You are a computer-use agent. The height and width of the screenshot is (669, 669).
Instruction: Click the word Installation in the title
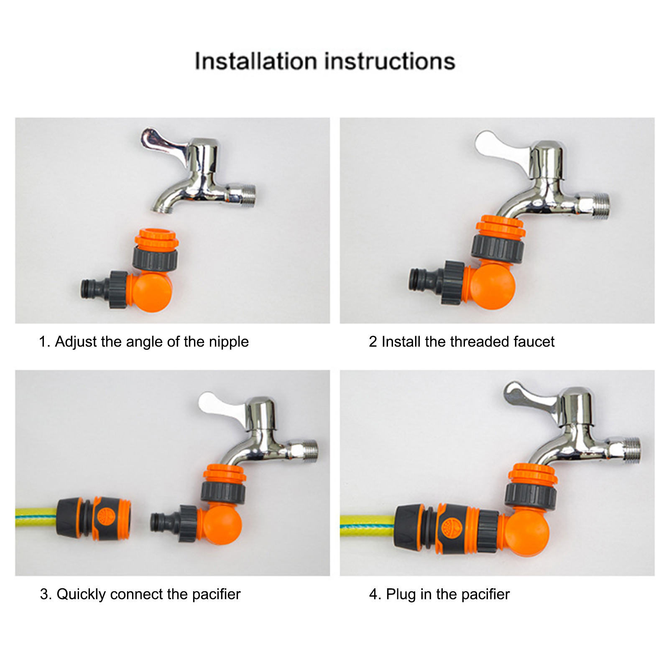(x=256, y=61)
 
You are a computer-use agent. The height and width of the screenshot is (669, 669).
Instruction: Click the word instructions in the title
(x=390, y=61)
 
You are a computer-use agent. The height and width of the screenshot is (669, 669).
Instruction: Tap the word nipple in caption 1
(x=229, y=342)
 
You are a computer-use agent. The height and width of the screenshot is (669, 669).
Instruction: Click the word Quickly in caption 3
(x=82, y=595)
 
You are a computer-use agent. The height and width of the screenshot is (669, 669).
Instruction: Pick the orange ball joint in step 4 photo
(x=526, y=534)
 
